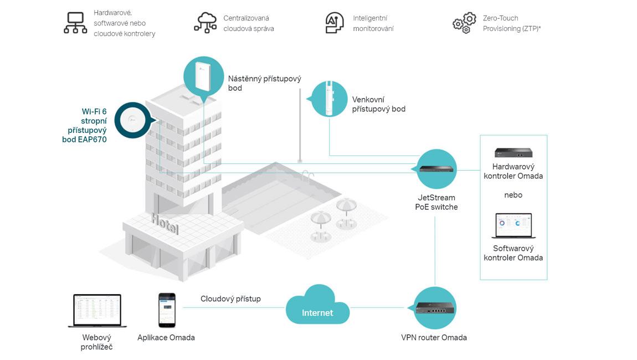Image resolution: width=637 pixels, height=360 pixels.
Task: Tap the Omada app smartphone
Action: [167, 310]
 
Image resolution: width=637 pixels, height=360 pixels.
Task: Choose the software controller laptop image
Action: [513, 226]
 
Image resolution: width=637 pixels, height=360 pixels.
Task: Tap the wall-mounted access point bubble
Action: [204, 76]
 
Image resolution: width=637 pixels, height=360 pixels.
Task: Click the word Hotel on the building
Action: [165, 223]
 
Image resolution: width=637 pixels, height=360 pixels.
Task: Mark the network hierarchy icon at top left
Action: [75, 23]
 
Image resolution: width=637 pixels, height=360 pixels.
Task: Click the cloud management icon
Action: [206, 23]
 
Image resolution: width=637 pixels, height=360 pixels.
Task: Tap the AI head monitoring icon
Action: [334, 23]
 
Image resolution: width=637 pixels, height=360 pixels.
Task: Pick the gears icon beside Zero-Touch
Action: [464, 23]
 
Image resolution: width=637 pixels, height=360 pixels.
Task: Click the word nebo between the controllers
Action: [513, 195]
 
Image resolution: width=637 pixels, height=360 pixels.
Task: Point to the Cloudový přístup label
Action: [230, 299]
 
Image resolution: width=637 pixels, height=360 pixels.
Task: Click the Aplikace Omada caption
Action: [166, 337]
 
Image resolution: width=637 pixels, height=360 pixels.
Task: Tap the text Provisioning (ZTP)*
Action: [512, 28]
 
